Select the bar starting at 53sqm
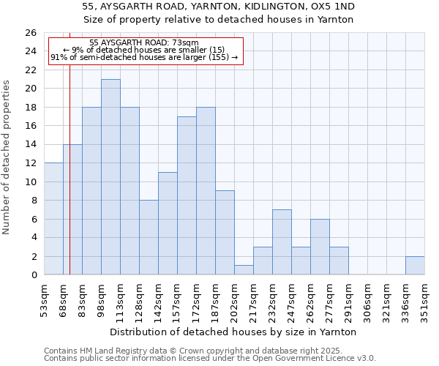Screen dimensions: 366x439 pos(53,219)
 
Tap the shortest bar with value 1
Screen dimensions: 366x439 pos(244,270)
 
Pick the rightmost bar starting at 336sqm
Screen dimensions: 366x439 pos(415,266)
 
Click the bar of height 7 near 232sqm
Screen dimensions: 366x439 pos(282,242)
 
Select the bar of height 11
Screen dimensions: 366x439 pos(168,223)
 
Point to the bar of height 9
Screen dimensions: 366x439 pos(225,233)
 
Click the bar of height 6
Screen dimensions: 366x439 pos(320,247)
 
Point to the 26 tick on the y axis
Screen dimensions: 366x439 pos(31,33)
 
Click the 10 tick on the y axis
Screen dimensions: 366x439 pos(31,182)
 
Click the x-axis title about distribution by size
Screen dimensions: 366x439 pos(234,332)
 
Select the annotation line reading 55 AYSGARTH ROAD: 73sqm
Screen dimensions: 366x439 pos(143,43)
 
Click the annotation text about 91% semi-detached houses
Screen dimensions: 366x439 pos(143,57)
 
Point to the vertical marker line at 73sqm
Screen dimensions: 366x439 pos(70,183)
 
